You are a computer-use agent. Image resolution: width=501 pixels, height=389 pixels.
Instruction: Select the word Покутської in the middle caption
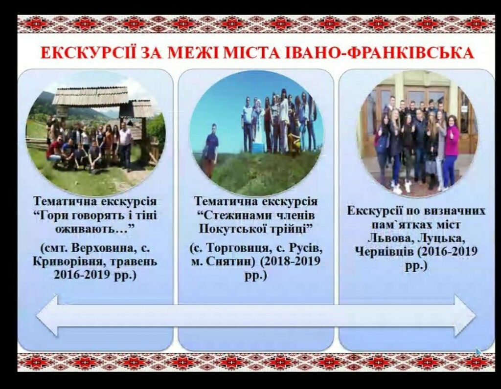pyautogui.click(x=231, y=229)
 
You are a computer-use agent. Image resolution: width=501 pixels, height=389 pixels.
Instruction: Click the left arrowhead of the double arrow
pyautogui.click(x=47, y=315)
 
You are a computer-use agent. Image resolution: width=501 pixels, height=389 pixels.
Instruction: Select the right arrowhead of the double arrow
pyautogui.click(x=465, y=315)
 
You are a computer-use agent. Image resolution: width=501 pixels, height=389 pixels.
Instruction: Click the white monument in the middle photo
pyautogui.click(x=257, y=128)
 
